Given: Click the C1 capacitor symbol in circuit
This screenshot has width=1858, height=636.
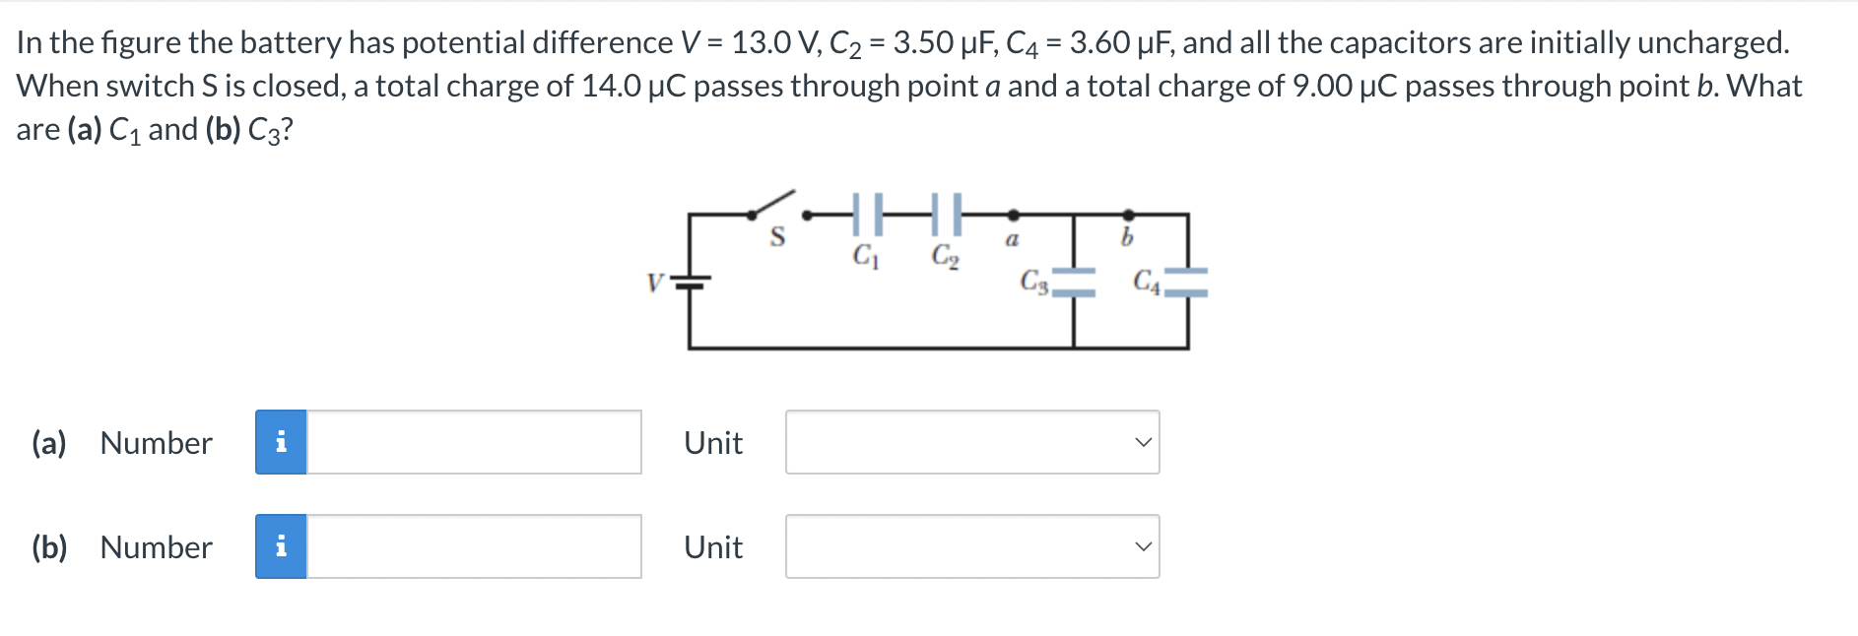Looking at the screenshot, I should [866, 214].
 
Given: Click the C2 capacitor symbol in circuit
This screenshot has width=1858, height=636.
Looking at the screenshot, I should [945, 214].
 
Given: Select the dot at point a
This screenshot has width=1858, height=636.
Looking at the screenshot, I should [1013, 214].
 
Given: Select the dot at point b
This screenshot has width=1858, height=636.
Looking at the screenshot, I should [1128, 214].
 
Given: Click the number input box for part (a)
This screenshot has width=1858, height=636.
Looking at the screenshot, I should [474, 442].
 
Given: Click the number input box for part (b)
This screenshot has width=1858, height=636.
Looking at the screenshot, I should [474, 546].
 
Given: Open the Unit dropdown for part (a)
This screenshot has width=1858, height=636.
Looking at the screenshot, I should [971, 442].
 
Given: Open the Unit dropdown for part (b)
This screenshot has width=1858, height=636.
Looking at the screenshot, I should [971, 546].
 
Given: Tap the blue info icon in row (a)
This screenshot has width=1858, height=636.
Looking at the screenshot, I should [281, 442].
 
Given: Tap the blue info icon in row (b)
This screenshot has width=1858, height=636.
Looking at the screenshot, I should [281, 546].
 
